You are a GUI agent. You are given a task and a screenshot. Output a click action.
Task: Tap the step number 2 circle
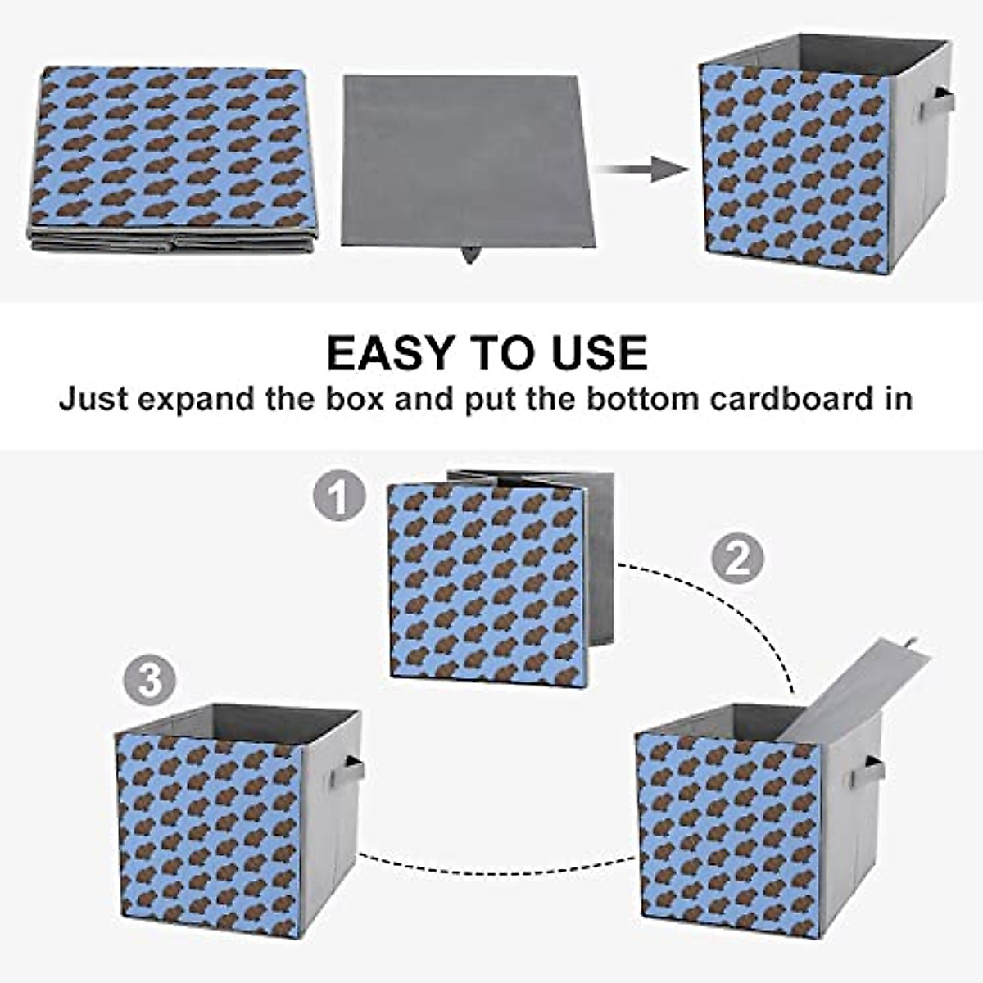click(x=736, y=559)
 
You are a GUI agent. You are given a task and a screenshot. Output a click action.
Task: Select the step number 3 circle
click(x=150, y=681)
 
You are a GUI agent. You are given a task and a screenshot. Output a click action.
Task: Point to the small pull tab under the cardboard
click(x=470, y=255)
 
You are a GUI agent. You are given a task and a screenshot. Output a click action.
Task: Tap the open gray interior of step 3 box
click(x=238, y=721)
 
